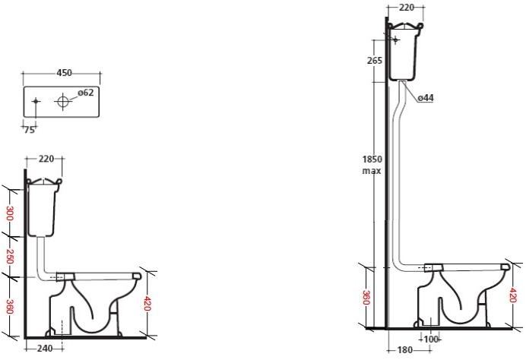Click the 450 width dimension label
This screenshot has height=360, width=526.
[64, 73]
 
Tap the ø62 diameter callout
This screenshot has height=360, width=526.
[86, 92]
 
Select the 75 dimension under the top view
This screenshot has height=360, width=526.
[29, 130]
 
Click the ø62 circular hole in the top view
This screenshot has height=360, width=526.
[63, 101]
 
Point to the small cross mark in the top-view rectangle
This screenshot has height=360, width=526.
[36, 101]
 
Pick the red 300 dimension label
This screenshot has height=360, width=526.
[10, 213]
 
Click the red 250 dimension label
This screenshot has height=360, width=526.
[10, 257]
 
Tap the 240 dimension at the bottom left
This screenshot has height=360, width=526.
[44, 349]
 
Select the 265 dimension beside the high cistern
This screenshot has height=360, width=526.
[375, 61]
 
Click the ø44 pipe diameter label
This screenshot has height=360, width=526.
[426, 97]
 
